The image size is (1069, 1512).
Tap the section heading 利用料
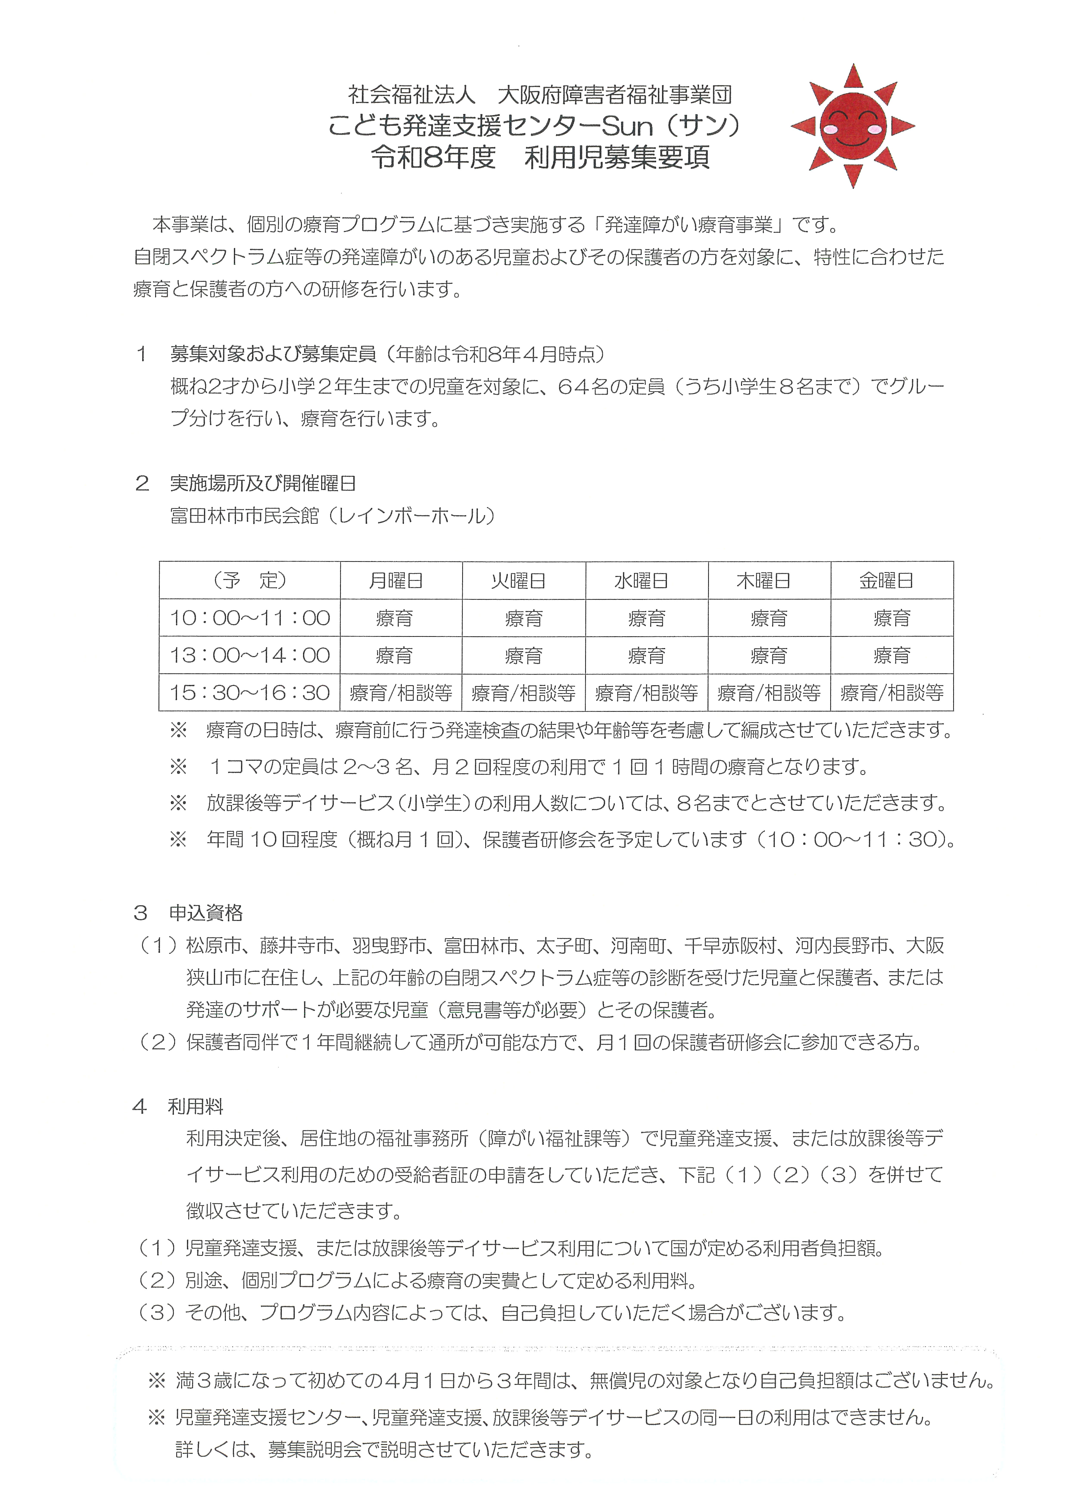tap(196, 1106)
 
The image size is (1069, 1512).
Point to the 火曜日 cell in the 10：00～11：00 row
tap(523, 618)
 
